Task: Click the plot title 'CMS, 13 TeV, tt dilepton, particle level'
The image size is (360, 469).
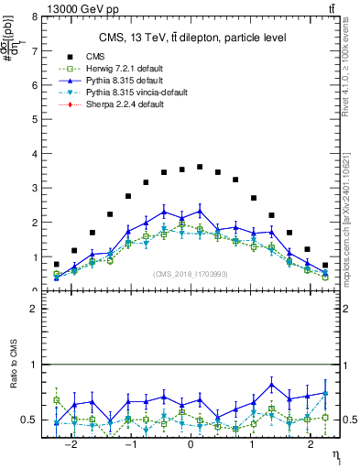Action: point(192,38)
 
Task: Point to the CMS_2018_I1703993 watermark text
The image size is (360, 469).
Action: point(191,274)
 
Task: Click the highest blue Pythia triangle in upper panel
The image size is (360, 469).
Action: point(200,211)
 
